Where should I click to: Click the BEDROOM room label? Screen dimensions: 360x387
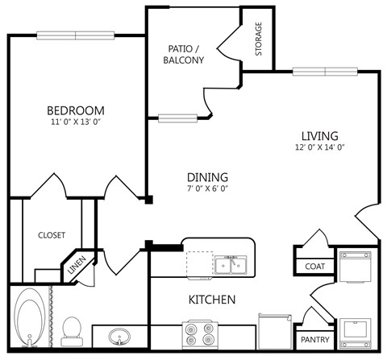pos(75,110)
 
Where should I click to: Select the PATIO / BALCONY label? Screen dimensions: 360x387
pos(183,54)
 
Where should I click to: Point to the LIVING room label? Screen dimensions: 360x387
pos(319,135)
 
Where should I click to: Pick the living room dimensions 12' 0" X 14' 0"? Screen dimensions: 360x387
pos(319,147)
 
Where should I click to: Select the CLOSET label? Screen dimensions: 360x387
pos(52,235)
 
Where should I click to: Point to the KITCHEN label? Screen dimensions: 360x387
pos(212,300)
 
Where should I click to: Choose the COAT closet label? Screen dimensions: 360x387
pos(314,267)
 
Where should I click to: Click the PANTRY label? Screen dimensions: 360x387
pos(314,340)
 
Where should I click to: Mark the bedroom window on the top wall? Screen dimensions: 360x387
pos(77,35)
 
